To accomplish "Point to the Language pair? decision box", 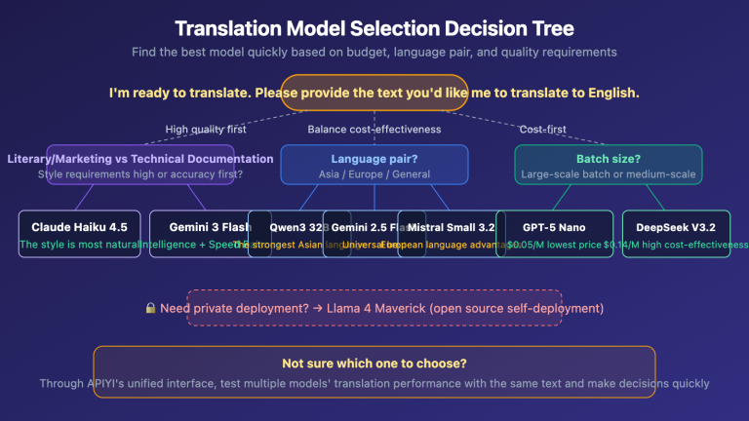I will click(374, 165).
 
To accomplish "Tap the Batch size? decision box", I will click(608, 165).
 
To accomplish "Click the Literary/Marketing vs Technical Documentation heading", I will click(139, 158).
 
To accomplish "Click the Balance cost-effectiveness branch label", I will click(374, 129).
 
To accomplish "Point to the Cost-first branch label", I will click(542, 129).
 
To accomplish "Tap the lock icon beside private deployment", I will click(150, 309).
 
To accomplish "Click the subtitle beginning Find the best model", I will click(374, 52).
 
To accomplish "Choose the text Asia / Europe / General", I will click(374, 174).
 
